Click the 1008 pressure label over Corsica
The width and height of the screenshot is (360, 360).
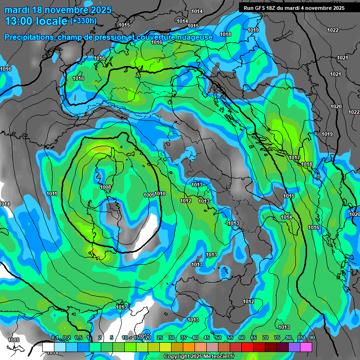[105, 187]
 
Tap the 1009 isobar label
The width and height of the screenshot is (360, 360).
[149, 195]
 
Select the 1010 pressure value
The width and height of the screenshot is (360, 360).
[160, 194]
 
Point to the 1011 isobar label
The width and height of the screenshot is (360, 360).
[52, 194]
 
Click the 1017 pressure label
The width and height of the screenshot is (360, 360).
[294, 157]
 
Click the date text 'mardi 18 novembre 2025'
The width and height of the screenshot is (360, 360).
[58, 10]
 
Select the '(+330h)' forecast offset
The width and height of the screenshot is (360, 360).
[83, 21]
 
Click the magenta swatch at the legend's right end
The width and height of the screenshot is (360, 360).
[306, 347]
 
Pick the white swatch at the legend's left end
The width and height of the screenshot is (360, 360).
[48, 347]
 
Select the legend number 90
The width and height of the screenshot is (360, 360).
[312, 337]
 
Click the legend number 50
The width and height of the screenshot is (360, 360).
[218, 337]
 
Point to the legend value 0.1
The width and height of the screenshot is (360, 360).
[55, 337]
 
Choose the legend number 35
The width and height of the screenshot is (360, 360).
[183, 337]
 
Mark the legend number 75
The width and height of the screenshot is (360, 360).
[277, 337]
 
